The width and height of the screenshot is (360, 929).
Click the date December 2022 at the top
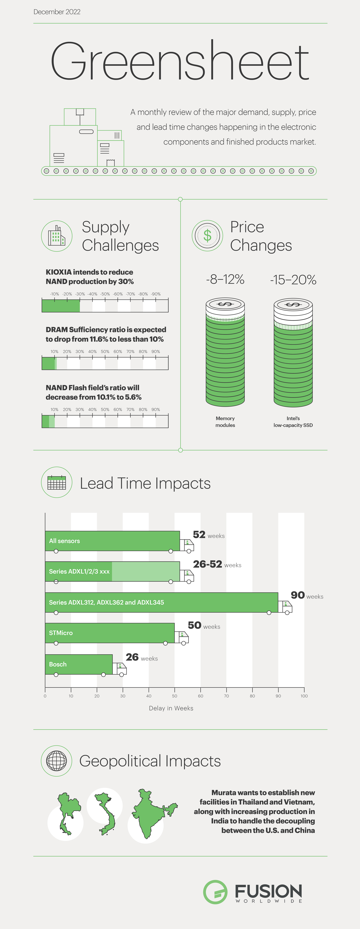click(57, 12)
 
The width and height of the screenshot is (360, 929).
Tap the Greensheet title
click(180, 61)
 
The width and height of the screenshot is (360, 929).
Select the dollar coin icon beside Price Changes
click(207, 235)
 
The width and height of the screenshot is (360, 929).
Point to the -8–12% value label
click(225, 280)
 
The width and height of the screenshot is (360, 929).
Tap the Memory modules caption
click(225, 422)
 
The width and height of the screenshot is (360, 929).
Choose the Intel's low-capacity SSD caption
click(293, 422)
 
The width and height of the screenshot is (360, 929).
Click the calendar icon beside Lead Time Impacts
click(57, 483)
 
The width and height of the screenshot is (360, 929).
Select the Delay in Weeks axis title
click(171, 708)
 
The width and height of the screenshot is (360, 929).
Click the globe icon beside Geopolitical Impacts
click(57, 761)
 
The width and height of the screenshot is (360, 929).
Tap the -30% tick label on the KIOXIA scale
click(80, 294)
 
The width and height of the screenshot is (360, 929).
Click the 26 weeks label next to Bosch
click(141, 657)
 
